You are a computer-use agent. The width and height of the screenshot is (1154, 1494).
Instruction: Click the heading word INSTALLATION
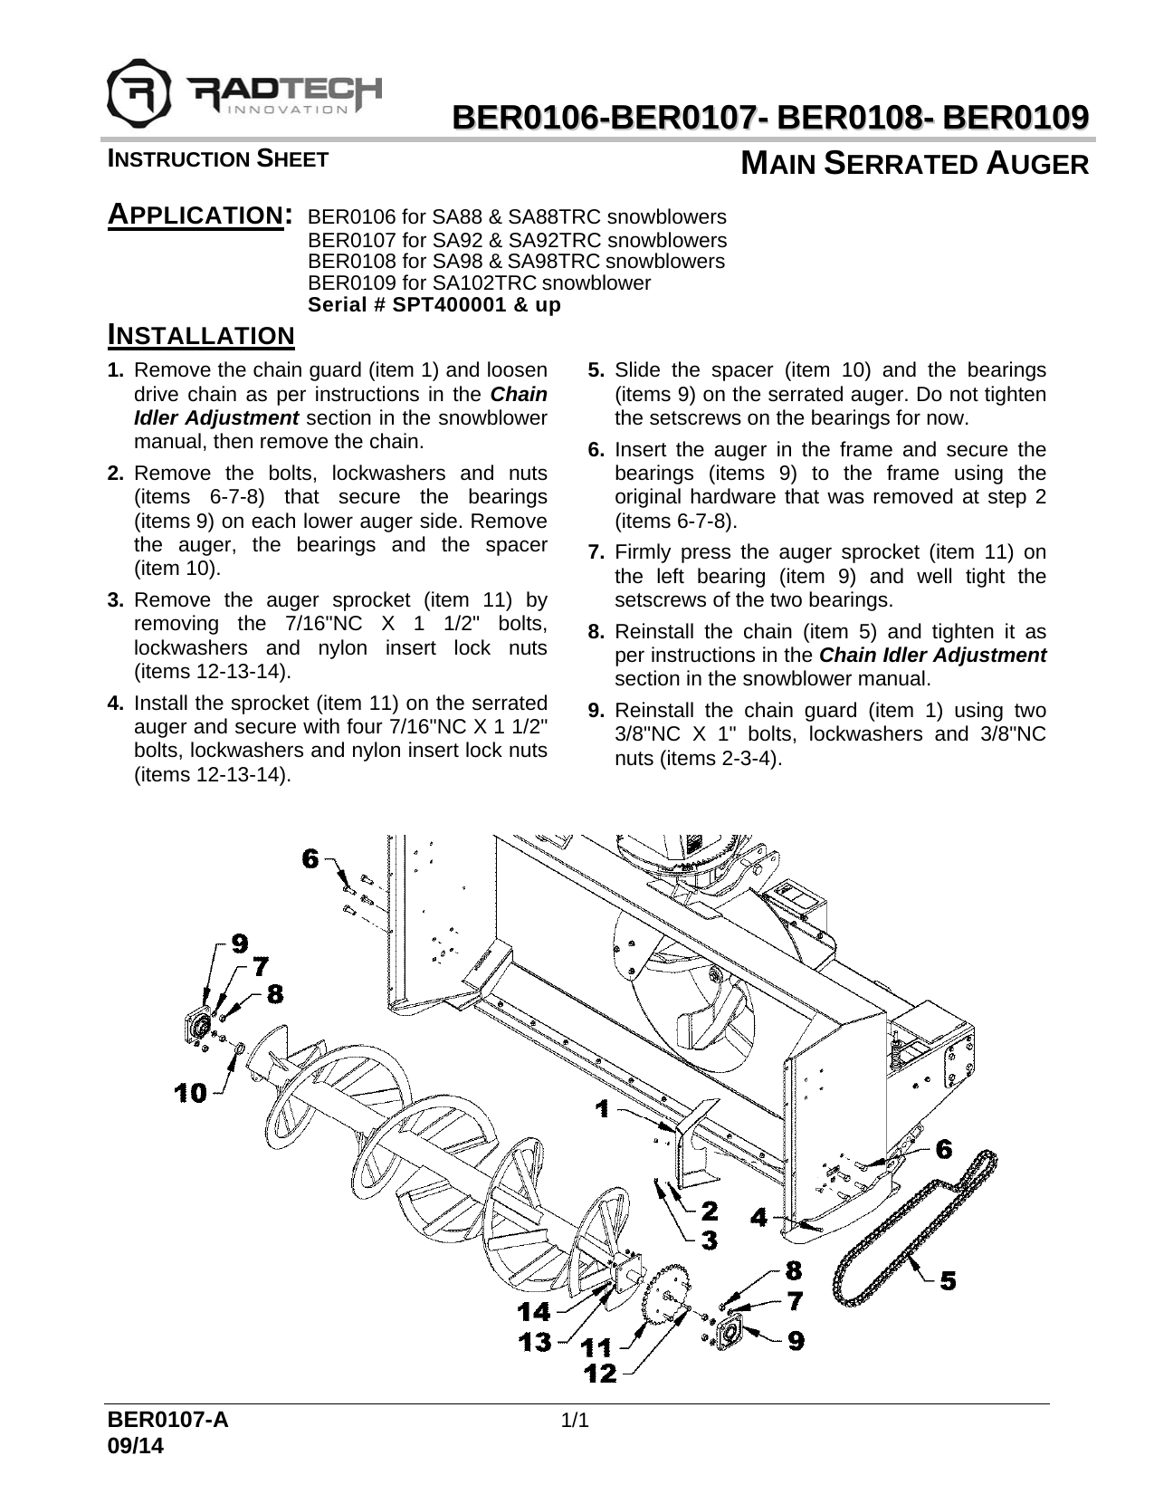[201, 336]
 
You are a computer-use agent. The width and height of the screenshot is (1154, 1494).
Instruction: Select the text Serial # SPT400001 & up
[434, 305]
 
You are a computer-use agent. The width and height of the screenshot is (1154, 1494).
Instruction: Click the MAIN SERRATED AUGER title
[913, 165]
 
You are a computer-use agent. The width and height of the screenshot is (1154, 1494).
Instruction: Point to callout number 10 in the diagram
[190, 1093]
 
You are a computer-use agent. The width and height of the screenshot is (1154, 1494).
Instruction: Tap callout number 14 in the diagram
[533, 1310]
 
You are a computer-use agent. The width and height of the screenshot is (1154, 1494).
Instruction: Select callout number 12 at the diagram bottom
[601, 1374]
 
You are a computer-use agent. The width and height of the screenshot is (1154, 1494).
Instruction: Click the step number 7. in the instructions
[596, 552]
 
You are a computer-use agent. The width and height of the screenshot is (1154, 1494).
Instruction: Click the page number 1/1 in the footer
[576, 1420]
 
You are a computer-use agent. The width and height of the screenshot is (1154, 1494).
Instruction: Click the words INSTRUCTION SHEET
[217, 159]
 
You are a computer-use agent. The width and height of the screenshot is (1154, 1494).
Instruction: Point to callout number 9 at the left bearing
[238, 943]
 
